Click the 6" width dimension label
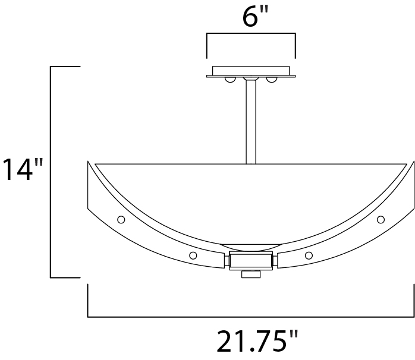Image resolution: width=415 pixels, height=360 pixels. tap(250, 18)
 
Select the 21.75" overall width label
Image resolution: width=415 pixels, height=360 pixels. tap(257, 342)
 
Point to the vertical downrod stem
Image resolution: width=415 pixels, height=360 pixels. tap(251, 122)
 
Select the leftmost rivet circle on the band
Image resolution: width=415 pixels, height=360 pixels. tap(121, 219)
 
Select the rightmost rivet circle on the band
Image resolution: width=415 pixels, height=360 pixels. tap(381, 219)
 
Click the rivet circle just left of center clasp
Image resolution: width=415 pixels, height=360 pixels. tap(193, 255)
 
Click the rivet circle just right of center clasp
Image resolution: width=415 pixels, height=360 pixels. tap(309, 255)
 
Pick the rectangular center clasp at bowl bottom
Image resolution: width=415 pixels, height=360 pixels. tap(250, 260)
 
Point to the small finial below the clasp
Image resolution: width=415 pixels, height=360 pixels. tap(250, 274)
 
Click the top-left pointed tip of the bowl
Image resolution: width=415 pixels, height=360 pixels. tap(89, 162)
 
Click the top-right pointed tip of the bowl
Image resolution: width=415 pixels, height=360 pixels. tap(412, 162)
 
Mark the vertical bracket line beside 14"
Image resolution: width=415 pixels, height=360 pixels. tap(51, 172)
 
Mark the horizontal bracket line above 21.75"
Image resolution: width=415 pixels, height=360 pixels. tap(250, 317)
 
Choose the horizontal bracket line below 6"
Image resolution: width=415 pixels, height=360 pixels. tap(250, 34)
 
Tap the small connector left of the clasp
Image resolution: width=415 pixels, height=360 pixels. tap(226, 260)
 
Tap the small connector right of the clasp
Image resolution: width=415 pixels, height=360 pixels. tap(275, 260)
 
